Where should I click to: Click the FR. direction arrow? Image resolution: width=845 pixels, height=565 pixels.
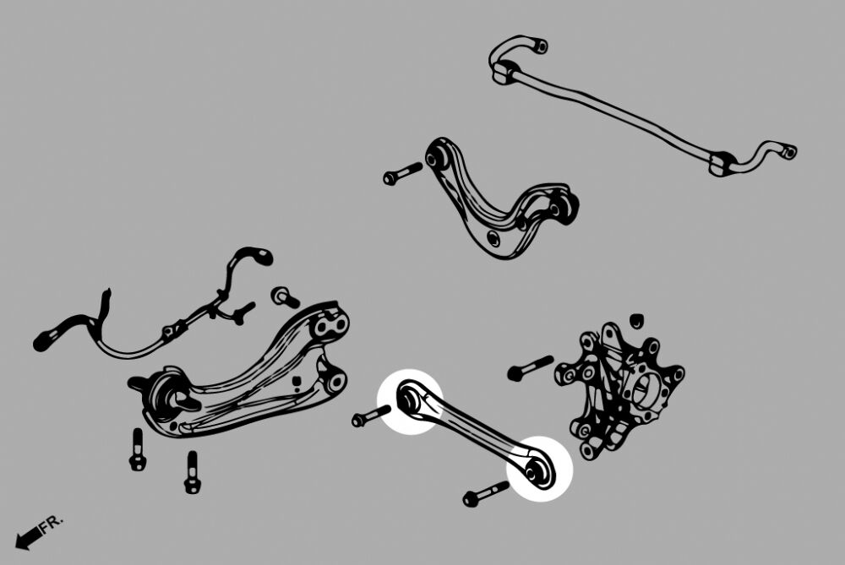pos(28,537)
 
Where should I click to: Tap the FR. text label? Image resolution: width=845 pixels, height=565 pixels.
pos(52,524)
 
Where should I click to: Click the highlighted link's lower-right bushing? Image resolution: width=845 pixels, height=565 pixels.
pos(537,470)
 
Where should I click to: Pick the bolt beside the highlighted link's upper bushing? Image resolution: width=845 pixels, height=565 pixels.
pos(371,416)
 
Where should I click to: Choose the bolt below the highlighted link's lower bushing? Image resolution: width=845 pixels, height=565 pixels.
pos(485,494)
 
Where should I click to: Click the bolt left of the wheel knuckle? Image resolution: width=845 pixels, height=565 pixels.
pos(530,368)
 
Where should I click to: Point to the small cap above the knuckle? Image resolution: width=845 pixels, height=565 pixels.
pos(636,319)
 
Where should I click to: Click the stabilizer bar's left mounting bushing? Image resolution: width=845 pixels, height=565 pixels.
pos(505,72)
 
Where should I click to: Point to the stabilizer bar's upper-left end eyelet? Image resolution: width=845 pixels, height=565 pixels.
pos(539,46)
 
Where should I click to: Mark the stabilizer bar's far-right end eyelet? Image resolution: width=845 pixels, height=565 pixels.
pos(788,152)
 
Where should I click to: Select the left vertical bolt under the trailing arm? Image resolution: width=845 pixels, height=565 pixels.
pos(138,450)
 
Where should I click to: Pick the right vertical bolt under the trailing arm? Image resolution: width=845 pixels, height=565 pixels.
pos(192,472)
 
